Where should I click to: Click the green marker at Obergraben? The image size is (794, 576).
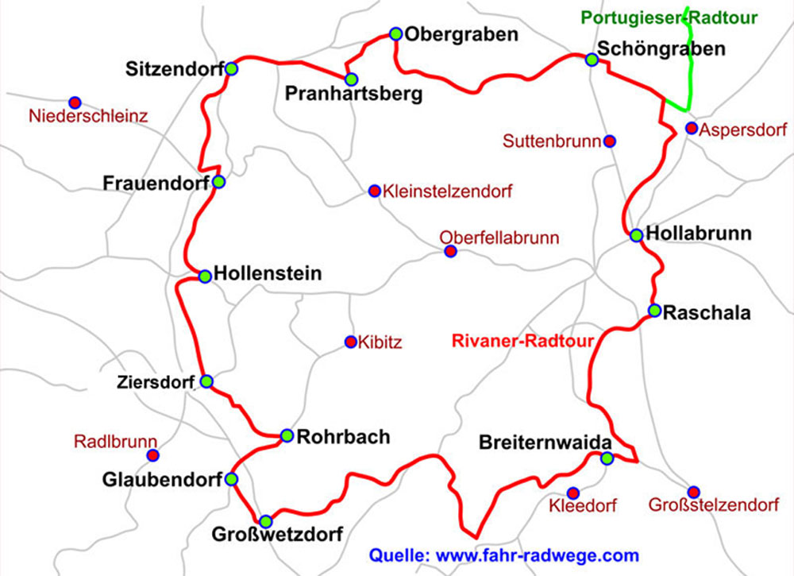point(396,34)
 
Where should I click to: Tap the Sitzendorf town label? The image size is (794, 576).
point(174,69)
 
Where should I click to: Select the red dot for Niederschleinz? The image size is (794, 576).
point(75,102)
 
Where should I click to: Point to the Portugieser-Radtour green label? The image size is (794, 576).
point(669,17)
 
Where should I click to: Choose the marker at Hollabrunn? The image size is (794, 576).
point(636,235)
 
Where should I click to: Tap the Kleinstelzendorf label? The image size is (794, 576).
point(447,191)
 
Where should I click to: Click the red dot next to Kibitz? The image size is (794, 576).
point(350,342)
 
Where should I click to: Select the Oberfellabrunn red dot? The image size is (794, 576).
point(451,252)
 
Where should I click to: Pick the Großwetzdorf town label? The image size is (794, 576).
point(277,535)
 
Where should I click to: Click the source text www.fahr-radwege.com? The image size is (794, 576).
point(538,555)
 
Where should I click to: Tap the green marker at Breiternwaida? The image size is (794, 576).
point(607,458)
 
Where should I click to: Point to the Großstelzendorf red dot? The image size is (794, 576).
point(694,492)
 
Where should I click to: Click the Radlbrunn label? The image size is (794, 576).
point(116,442)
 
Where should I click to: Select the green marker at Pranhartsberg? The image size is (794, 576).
point(352,79)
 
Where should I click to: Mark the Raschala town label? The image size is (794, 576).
point(707,313)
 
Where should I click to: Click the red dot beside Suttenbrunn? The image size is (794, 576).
point(609,141)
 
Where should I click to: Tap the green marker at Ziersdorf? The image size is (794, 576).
point(206,381)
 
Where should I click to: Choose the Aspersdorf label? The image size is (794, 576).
point(742,129)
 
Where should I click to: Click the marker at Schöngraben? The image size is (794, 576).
point(591,60)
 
